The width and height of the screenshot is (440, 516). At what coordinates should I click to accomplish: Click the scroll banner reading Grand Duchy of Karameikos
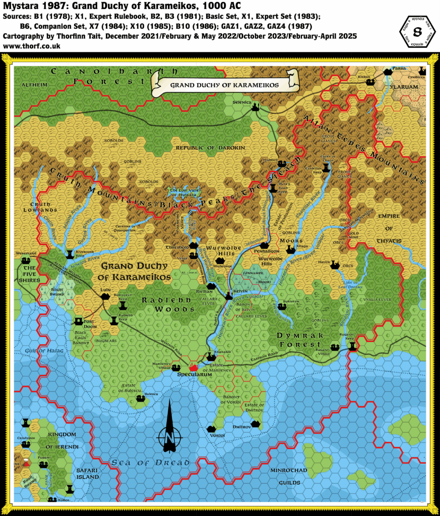(224, 85)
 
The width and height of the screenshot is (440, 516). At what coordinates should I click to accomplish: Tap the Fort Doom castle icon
(79, 321)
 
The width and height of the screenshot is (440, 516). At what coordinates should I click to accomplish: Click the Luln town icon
(105, 297)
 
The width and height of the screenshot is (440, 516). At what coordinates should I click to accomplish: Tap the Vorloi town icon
(212, 429)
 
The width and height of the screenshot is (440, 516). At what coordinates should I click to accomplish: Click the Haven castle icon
(333, 264)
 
